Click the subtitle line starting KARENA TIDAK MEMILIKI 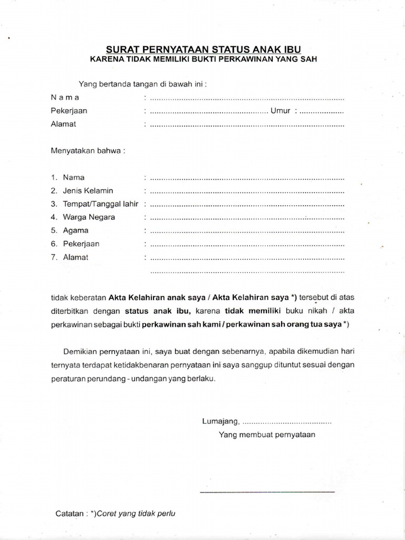pos(202,59)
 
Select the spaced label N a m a pos(65,98)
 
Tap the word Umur pos(281,111)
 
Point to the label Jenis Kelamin pos(88,190)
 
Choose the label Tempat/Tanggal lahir pos(101,204)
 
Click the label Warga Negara pos(89,217)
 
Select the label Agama pos(76,230)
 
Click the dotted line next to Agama pos(247,231)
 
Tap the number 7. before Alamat pos(54,257)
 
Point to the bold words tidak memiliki pos(255,311)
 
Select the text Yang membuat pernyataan pos(267,435)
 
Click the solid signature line pos(267,492)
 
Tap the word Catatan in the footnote pos(70,513)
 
